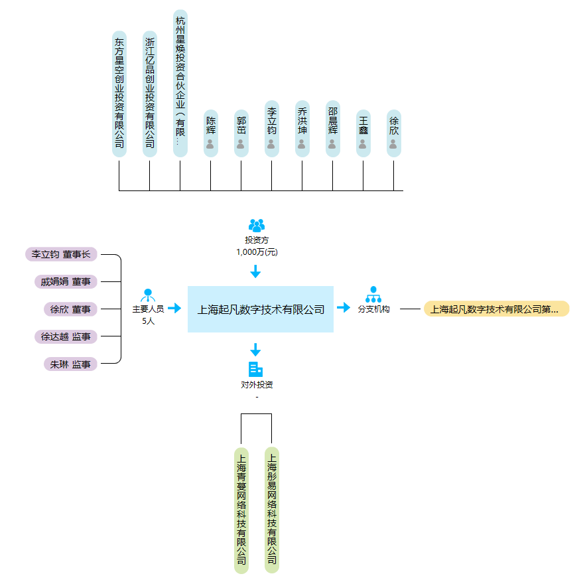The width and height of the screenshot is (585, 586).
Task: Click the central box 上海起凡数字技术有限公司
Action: [261, 309]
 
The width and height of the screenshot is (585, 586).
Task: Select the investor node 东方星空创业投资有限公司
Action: [119, 94]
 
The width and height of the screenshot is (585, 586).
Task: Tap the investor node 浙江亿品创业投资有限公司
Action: [150, 94]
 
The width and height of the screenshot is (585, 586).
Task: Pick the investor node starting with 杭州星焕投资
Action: [180, 84]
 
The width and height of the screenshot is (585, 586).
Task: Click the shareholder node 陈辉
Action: [211, 133]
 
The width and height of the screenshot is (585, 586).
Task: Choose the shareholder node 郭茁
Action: [241, 133]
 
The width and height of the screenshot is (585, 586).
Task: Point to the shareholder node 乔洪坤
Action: [302, 129]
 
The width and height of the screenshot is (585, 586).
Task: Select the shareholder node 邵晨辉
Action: [333, 129]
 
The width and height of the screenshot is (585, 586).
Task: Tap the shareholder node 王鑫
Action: [363, 133]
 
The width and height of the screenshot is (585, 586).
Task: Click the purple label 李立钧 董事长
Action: [61, 254]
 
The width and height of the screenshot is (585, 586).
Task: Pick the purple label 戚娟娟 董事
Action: [66, 281]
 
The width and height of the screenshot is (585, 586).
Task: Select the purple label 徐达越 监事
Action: [66, 336]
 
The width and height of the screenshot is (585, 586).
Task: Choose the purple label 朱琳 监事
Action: [70, 364]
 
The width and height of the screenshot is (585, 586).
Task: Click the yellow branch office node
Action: [497, 309]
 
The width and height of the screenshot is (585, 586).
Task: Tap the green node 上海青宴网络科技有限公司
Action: [241, 510]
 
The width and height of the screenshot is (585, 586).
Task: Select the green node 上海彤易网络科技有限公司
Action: [272, 510]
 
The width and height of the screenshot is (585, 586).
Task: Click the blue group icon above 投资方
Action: [257, 226]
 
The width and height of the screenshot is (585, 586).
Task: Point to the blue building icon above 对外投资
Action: [255, 369]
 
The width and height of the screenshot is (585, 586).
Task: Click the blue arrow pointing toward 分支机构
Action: [344, 307]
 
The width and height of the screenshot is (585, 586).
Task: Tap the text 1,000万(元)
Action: [257, 252]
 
